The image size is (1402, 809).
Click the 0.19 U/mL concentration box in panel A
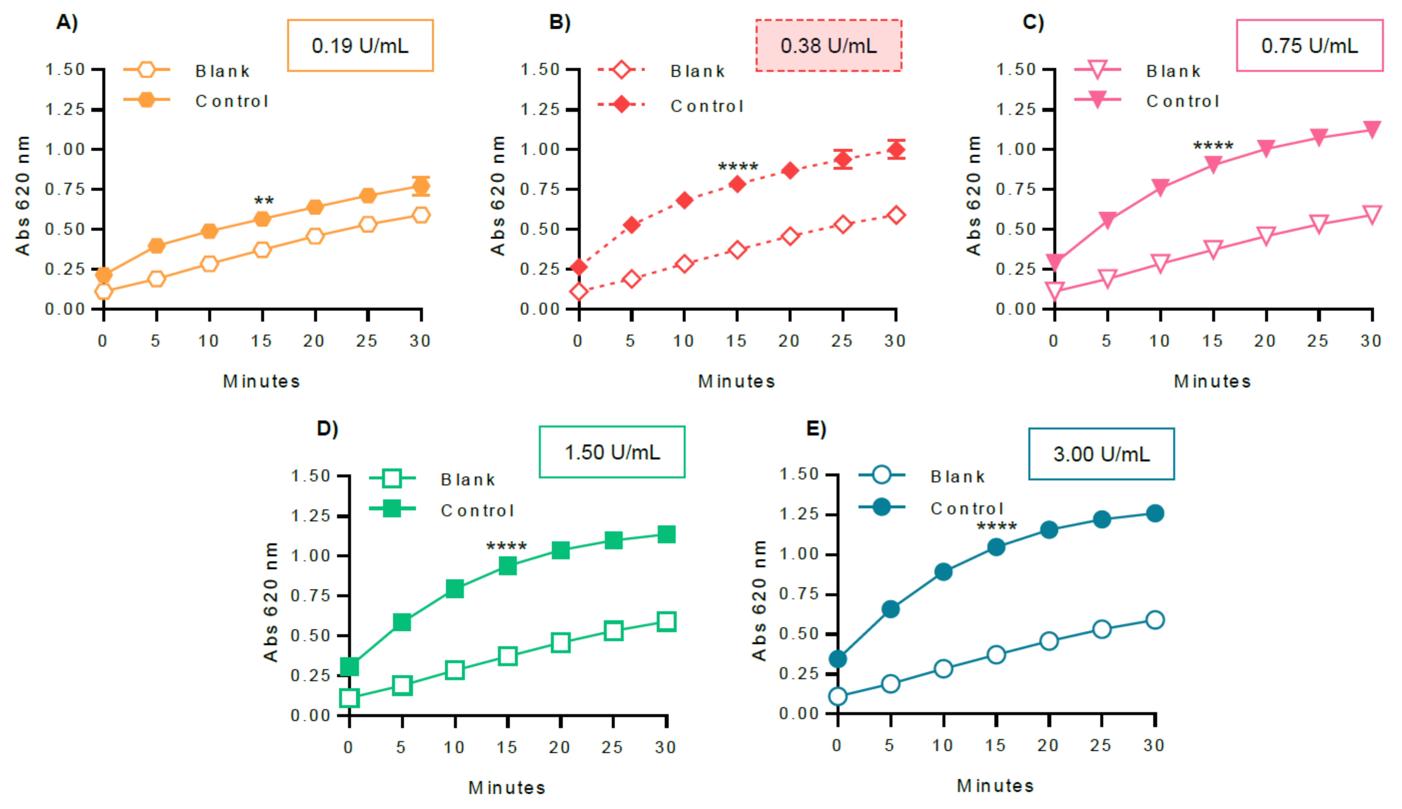(360, 46)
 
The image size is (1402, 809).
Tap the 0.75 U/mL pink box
(1309, 46)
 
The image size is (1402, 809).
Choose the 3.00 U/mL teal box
(1101, 454)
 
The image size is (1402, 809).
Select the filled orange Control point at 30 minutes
(421, 186)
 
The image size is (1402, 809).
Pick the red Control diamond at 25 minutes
(843, 160)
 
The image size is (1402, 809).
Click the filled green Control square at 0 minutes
(349, 666)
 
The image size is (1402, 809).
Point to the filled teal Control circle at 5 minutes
(890, 609)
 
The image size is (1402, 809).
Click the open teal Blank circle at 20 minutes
(1049, 641)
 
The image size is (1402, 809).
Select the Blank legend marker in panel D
(392, 478)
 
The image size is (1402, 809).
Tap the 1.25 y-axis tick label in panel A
(65, 109)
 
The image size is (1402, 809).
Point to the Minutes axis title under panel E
(995, 786)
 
